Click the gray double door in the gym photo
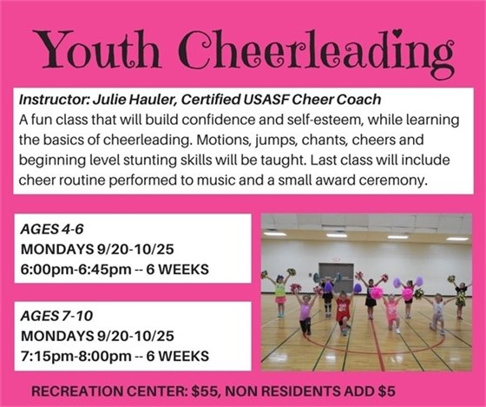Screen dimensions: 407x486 pos(336,272)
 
